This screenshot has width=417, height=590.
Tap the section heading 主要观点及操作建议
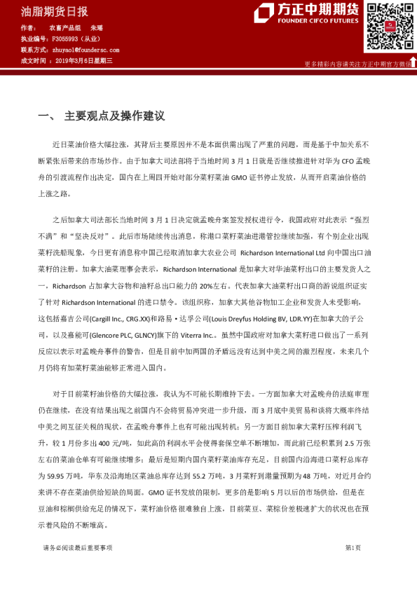[x=114, y=115]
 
